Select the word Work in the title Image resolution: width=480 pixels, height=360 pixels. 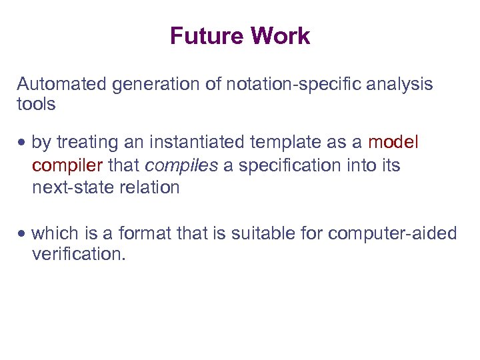pos(280,36)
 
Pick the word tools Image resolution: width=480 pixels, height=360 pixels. pos(36,105)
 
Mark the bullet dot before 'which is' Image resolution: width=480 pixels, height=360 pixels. pos(23,235)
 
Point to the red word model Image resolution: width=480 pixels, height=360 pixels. pos(393,143)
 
